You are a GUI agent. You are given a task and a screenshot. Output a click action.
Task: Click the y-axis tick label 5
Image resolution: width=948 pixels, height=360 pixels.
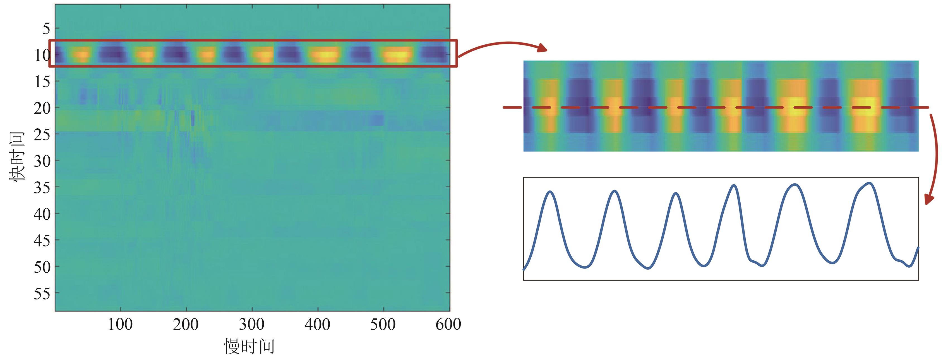46,28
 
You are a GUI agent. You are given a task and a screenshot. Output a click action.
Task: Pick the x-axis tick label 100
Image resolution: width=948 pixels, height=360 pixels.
120,324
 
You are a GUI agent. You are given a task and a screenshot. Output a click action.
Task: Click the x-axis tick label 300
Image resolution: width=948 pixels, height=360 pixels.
252,324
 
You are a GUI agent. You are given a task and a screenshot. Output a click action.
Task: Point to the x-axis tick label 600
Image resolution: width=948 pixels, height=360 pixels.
448,324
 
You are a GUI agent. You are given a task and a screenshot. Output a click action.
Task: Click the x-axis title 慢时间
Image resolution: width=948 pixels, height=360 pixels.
249,346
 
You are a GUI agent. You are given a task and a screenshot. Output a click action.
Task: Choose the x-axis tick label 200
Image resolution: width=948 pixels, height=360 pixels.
186,324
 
